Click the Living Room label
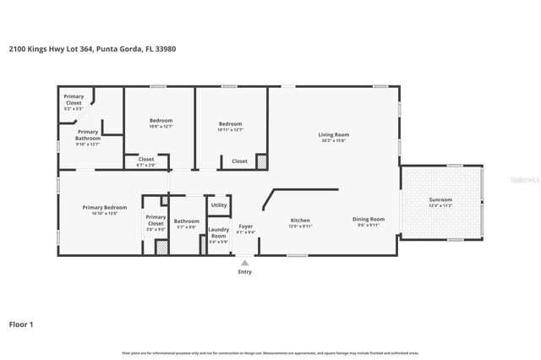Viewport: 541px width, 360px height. click(x=333, y=134)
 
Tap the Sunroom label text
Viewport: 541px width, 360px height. click(x=440, y=199)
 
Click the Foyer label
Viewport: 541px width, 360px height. click(x=245, y=226)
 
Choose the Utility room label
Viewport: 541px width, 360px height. click(x=219, y=205)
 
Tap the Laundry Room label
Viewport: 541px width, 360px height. click(x=219, y=232)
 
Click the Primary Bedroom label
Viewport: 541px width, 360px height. click(x=105, y=207)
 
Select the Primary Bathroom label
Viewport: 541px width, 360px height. click(x=89, y=135)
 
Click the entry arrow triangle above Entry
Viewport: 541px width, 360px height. click(x=244, y=263)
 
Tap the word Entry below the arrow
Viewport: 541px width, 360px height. click(x=244, y=272)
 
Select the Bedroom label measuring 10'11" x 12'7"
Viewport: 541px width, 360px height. click(x=230, y=123)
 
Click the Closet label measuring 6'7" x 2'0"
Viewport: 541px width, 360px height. click(x=145, y=159)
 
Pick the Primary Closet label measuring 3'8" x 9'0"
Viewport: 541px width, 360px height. click(x=156, y=219)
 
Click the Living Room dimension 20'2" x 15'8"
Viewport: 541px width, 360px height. click(x=333, y=139)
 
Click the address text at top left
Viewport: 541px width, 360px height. click(x=92, y=49)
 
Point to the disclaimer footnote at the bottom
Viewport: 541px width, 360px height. click(x=270, y=352)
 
